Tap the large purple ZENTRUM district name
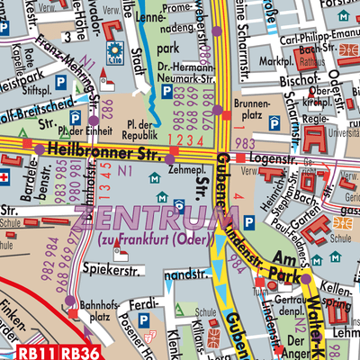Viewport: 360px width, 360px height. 145,218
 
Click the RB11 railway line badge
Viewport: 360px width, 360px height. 34,351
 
